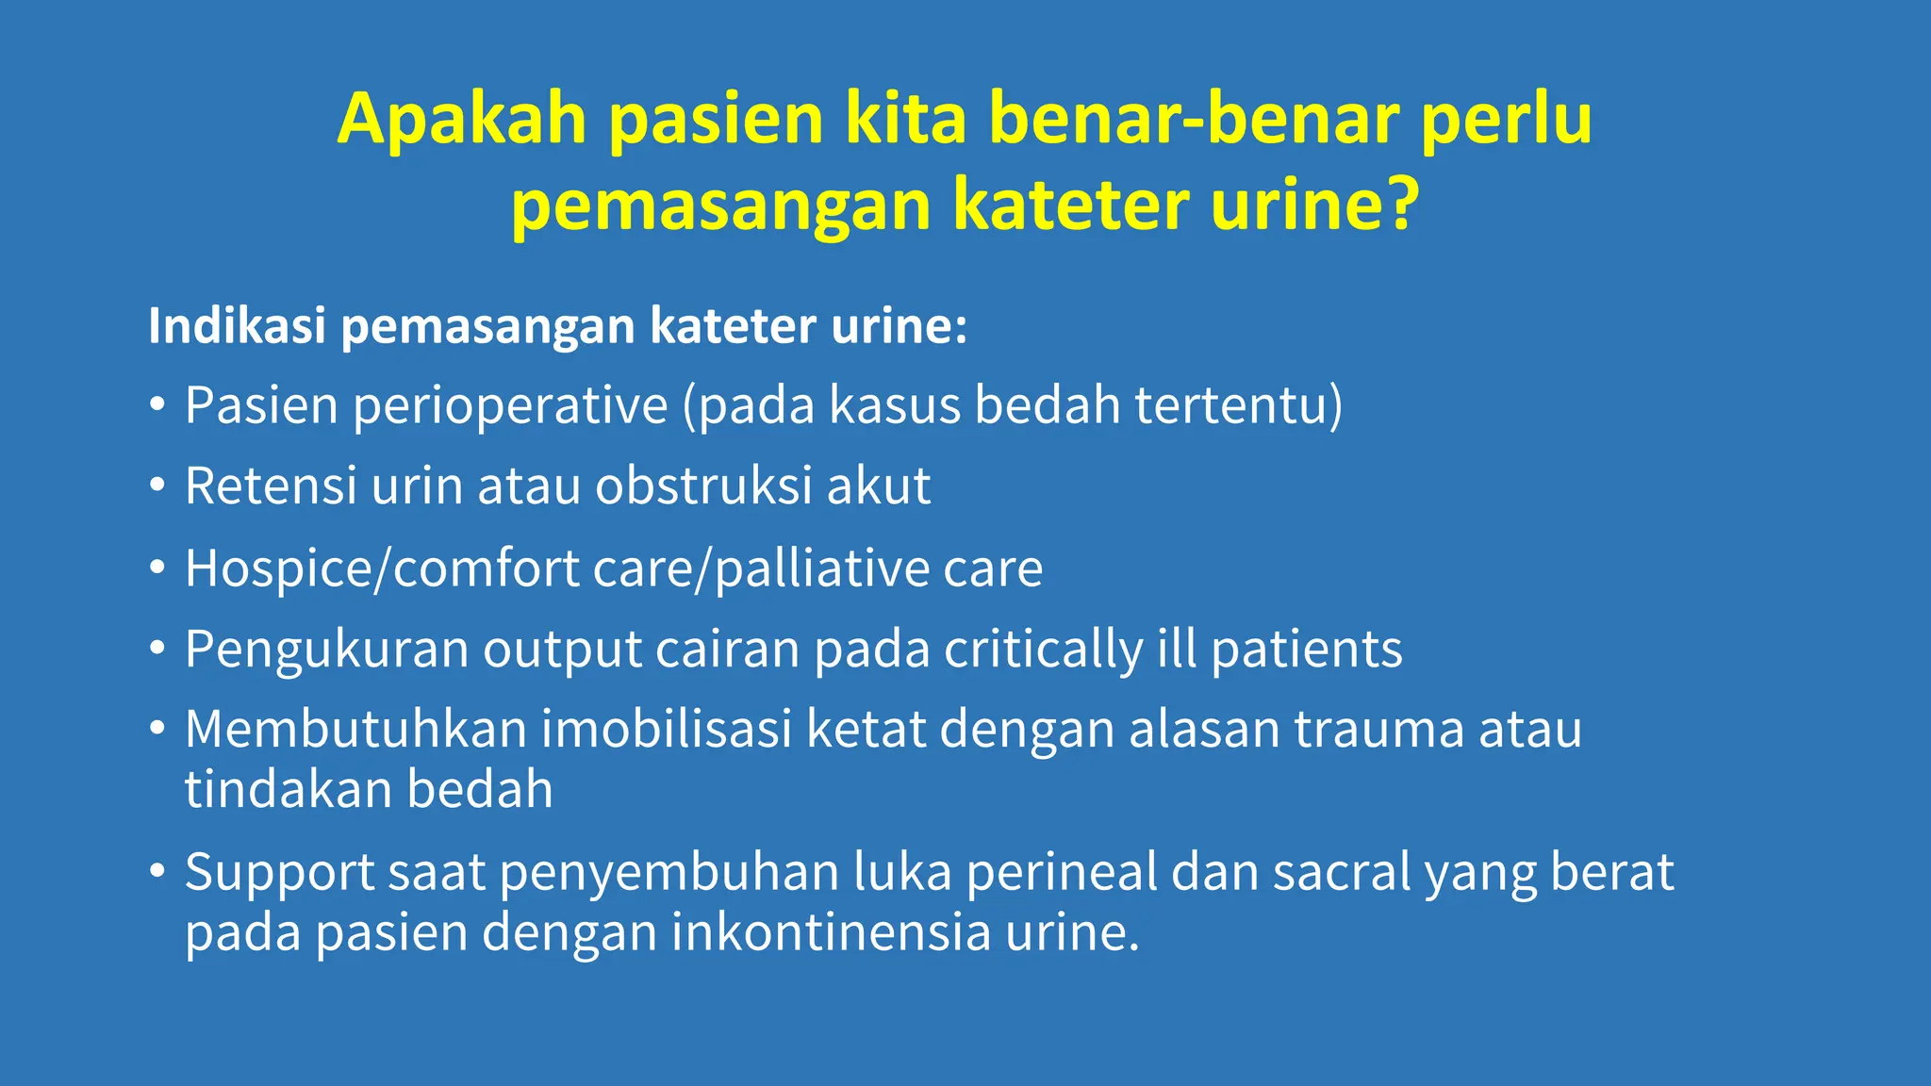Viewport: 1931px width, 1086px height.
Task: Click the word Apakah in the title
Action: click(x=462, y=121)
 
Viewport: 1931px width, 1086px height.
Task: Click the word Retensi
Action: click(x=271, y=486)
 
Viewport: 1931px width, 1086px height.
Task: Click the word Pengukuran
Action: click(x=326, y=650)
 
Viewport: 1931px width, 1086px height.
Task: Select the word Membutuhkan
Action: click(x=355, y=730)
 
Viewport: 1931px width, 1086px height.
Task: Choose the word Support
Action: click(x=279, y=873)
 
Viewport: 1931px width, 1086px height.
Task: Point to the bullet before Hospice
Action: click(x=157, y=568)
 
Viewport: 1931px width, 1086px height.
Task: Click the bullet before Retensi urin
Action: click(x=157, y=486)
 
